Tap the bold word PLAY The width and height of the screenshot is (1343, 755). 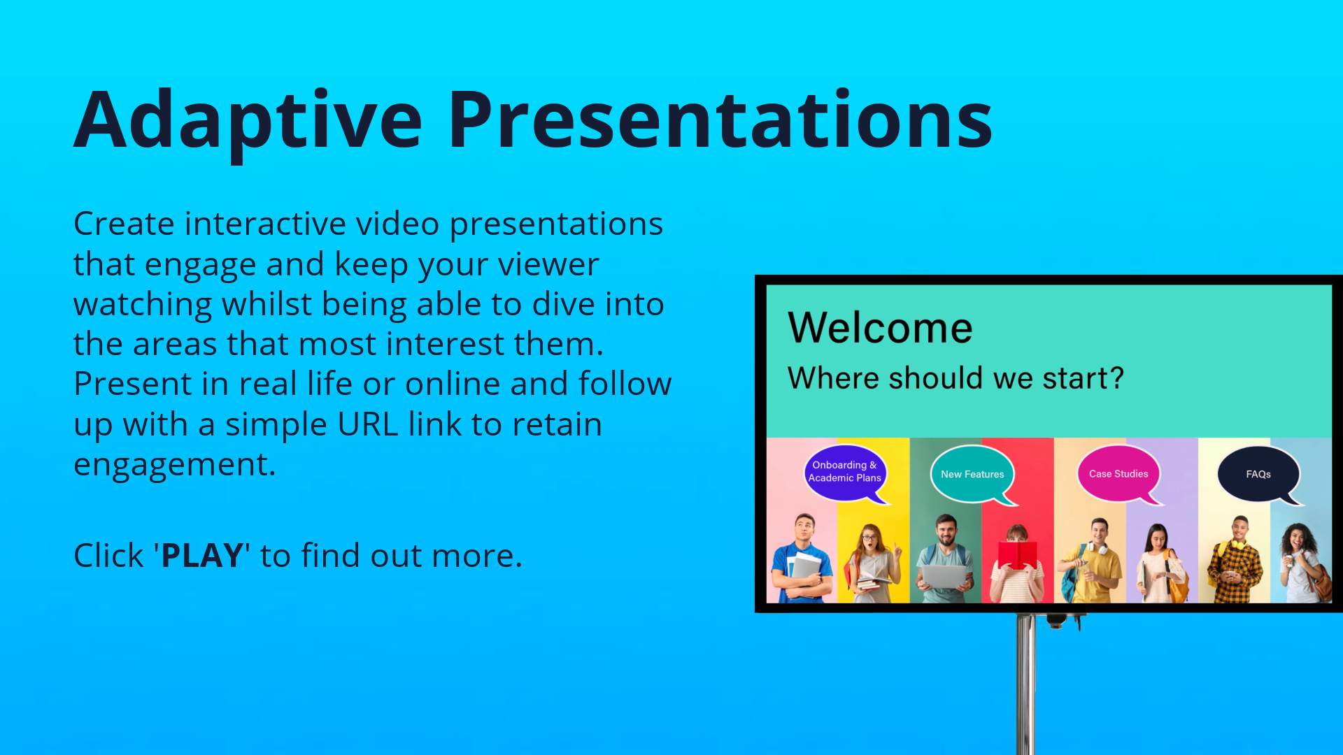pyautogui.click(x=202, y=556)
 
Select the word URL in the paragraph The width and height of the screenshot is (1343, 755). pyautogui.click(x=368, y=424)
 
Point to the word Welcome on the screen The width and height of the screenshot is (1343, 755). pyautogui.click(x=880, y=327)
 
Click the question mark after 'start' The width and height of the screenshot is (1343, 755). pyautogui.click(x=1116, y=377)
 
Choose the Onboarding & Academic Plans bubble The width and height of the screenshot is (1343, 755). pyautogui.click(x=846, y=473)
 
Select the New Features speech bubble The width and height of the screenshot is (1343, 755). pyautogui.click(x=973, y=475)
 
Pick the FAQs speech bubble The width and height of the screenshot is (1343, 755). pyautogui.click(x=1259, y=475)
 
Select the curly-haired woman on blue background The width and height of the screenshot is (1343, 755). pyautogui.click(x=1304, y=563)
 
